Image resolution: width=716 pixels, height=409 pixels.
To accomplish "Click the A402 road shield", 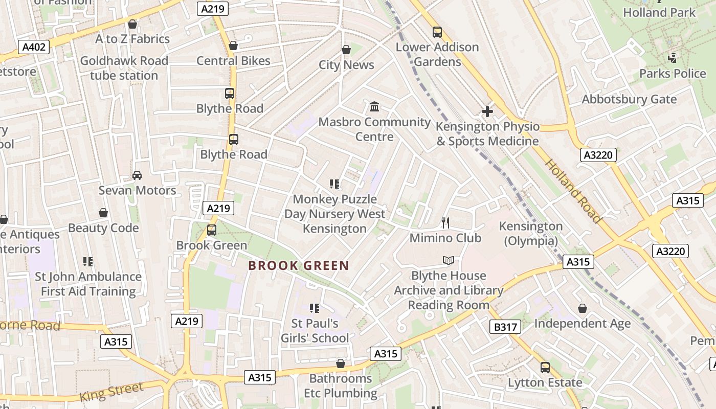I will pyautogui.click(x=35, y=48).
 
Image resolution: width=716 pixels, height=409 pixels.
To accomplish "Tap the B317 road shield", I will pyautogui.click(x=505, y=327).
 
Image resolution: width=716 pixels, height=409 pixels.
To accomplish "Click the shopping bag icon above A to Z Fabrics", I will pyautogui.click(x=132, y=24).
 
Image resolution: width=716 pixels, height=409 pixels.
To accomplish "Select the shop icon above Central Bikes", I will pyautogui.click(x=233, y=46).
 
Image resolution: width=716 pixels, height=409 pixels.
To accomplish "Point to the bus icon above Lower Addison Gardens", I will pyautogui.click(x=437, y=32).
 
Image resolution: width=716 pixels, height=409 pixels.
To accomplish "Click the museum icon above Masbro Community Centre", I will pyautogui.click(x=374, y=107).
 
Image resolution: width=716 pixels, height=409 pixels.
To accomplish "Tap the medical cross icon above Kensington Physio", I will pyautogui.click(x=487, y=111).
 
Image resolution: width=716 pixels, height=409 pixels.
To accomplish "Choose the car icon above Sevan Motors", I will pyautogui.click(x=137, y=175).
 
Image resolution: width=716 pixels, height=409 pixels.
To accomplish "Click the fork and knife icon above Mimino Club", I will pyautogui.click(x=445, y=222).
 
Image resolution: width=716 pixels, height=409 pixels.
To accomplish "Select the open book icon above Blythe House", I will pyautogui.click(x=449, y=261).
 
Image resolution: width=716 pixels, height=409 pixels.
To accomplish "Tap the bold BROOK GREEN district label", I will pyautogui.click(x=299, y=266).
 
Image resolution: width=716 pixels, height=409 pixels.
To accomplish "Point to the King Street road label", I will pyautogui.click(x=111, y=392).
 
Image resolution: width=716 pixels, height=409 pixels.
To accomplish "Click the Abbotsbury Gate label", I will pyautogui.click(x=629, y=99).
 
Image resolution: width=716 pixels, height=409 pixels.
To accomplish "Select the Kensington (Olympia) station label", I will pyautogui.click(x=531, y=233).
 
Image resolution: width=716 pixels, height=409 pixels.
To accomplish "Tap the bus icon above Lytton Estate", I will pyautogui.click(x=545, y=368).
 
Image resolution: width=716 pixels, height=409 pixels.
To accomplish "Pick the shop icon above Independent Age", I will pyautogui.click(x=582, y=308).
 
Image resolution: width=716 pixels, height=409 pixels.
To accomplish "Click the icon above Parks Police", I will pyautogui.click(x=673, y=58).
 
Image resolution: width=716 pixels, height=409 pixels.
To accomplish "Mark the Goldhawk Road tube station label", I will pyautogui.click(x=124, y=68).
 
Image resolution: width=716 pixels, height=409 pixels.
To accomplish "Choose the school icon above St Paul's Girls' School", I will pyautogui.click(x=315, y=308).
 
